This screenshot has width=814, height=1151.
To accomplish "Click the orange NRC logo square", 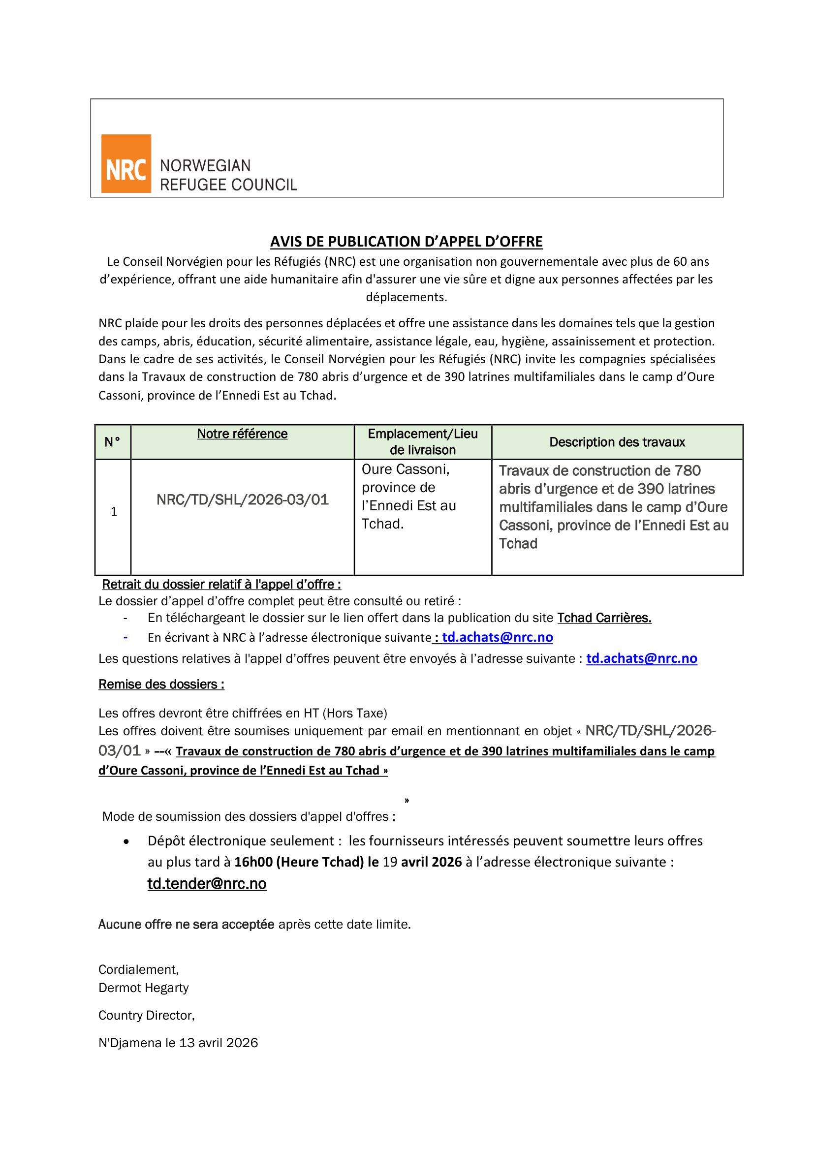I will pos(126,163).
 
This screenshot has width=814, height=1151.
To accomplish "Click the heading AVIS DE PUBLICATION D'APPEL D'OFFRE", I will pos(407,242).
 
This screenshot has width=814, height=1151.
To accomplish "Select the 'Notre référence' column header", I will pos(242,434).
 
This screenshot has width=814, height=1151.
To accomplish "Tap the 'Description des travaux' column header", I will pos(617,442).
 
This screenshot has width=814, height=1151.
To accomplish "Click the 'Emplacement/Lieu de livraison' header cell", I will pos(423,441).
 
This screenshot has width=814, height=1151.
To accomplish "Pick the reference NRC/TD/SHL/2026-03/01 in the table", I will pos(243,500).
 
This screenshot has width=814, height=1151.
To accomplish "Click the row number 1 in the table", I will pos(114,512).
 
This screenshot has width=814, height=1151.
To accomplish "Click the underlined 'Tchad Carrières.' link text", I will pos(604,618).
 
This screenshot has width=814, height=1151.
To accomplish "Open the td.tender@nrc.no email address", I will pos(207,884).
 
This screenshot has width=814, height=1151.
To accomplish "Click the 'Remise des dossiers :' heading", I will pos(161,684).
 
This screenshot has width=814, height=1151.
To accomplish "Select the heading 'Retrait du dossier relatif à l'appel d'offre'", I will pos(221,585).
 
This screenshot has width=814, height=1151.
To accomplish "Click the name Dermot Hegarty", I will pos(143,988).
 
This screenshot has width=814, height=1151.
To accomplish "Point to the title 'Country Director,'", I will pos(146,1016).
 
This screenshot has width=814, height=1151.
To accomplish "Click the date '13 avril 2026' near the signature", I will pos(219,1043).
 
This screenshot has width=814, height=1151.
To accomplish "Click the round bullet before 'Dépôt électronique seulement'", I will pos(126,841).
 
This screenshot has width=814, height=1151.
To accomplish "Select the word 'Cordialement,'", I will pos(138,970).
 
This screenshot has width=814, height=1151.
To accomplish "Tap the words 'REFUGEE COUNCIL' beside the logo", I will pos(228,185).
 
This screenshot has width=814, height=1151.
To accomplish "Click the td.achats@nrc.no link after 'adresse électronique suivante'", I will pos(497,637).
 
